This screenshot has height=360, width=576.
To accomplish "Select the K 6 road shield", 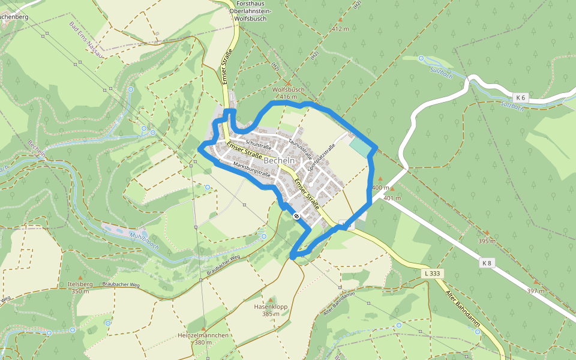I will click(520, 97).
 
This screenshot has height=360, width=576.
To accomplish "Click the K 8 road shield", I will click(487, 262).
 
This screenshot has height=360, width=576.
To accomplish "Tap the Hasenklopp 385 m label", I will click(271, 310).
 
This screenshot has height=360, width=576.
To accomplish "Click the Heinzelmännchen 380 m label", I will click(203, 338).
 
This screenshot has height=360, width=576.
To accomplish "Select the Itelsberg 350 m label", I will click(80, 287).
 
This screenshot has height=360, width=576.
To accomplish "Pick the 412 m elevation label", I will click(340, 29).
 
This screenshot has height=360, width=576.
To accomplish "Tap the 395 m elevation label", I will click(487, 241).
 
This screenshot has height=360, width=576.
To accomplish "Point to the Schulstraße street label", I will click(259, 144).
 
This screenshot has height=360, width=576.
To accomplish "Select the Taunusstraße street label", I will click(298, 148).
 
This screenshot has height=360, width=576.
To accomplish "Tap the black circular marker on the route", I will click(296, 216).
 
